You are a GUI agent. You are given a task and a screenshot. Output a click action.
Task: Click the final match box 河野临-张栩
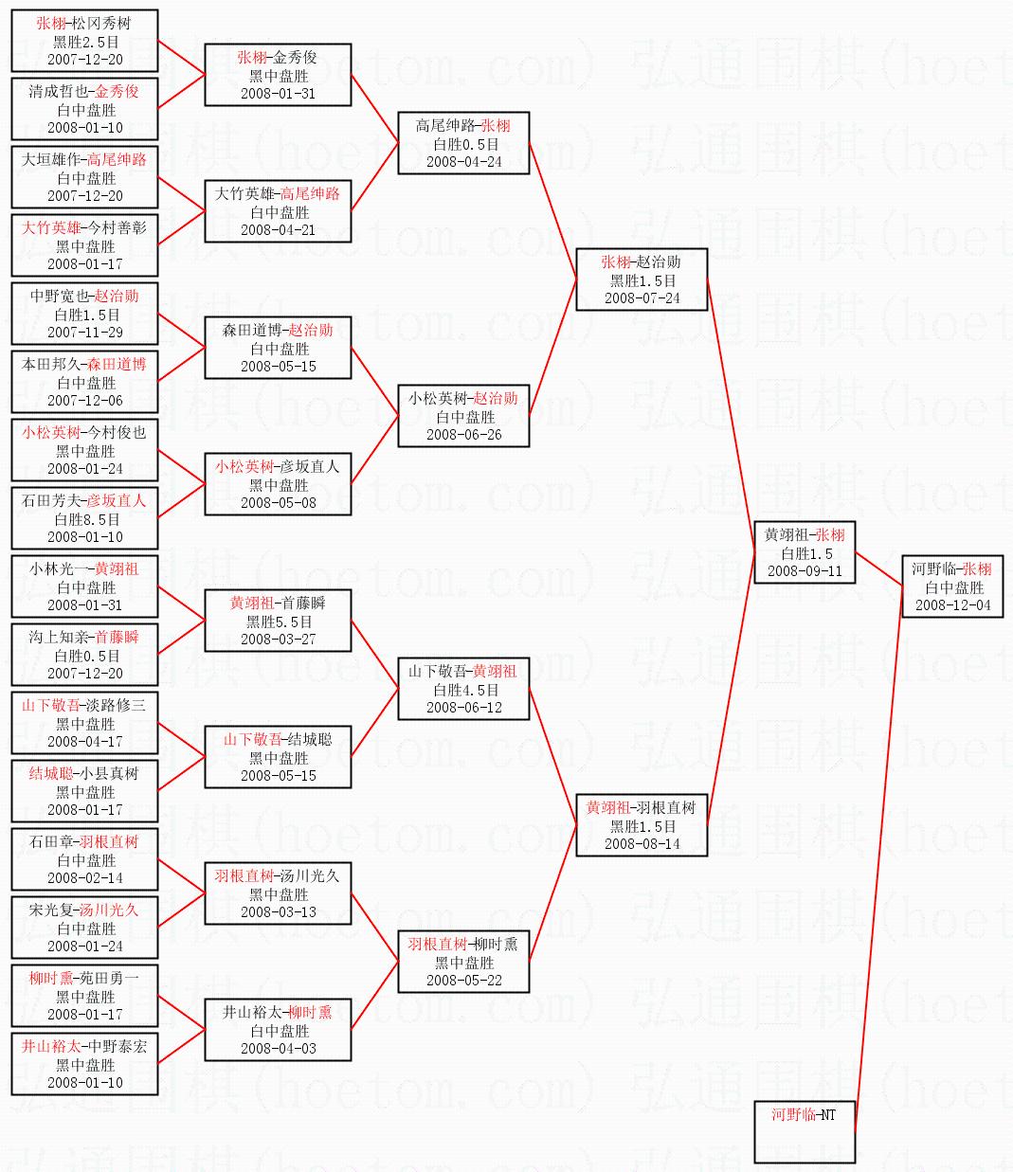pyautogui.click(x=951, y=586)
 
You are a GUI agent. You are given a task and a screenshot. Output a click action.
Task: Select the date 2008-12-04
pyautogui.click(x=952, y=605)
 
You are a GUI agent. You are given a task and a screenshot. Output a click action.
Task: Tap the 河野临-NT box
pyautogui.click(x=805, y=1131)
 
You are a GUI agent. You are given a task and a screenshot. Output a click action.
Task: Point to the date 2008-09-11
pyautogui.click(x=805, y=571)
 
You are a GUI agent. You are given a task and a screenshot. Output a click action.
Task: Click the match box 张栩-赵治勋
pyautogui.click(x=642, y=279)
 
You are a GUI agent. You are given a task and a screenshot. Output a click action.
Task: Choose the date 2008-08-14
pyautogui.click(x=642, y=844)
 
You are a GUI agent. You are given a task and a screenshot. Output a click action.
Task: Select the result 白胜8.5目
pyautogui.click(x=85, y=519)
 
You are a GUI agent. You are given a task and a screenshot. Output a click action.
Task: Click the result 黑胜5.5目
pyautogui.click(x=279, y=622)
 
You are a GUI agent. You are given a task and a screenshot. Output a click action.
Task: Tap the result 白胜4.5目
pyautogui.click(x=463, y=690)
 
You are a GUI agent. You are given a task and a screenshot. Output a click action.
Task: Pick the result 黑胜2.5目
pyautogui.click(x=85, y=42)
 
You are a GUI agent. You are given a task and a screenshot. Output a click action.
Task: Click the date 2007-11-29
pyautogui.click(x=85, y=333)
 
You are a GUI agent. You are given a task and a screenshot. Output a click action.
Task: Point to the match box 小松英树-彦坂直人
pyautogui.click(x=278, y=484)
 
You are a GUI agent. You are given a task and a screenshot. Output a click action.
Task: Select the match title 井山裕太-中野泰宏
pyautogui.click(x=85, y=1046)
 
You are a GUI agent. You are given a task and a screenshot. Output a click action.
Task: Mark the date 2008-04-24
pyautogui.click(x=463, y=162)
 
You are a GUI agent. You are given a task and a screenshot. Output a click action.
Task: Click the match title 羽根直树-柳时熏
pyautogui.click(x=463, y=944)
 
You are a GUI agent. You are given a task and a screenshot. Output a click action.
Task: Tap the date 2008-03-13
pyautogui.click(x=279, y=912)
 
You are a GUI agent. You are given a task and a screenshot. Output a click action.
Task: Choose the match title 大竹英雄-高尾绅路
pyautogui.click(x=278, y=193)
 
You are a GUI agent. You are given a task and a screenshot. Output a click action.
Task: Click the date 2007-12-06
pyautogui.click(x=85, y=401)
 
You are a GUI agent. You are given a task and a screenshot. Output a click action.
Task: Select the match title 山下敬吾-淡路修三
pyautogui.click(x=85, y=705)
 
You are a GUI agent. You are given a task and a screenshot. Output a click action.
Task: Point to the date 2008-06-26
pyautogui.click(x=463, y=435)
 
